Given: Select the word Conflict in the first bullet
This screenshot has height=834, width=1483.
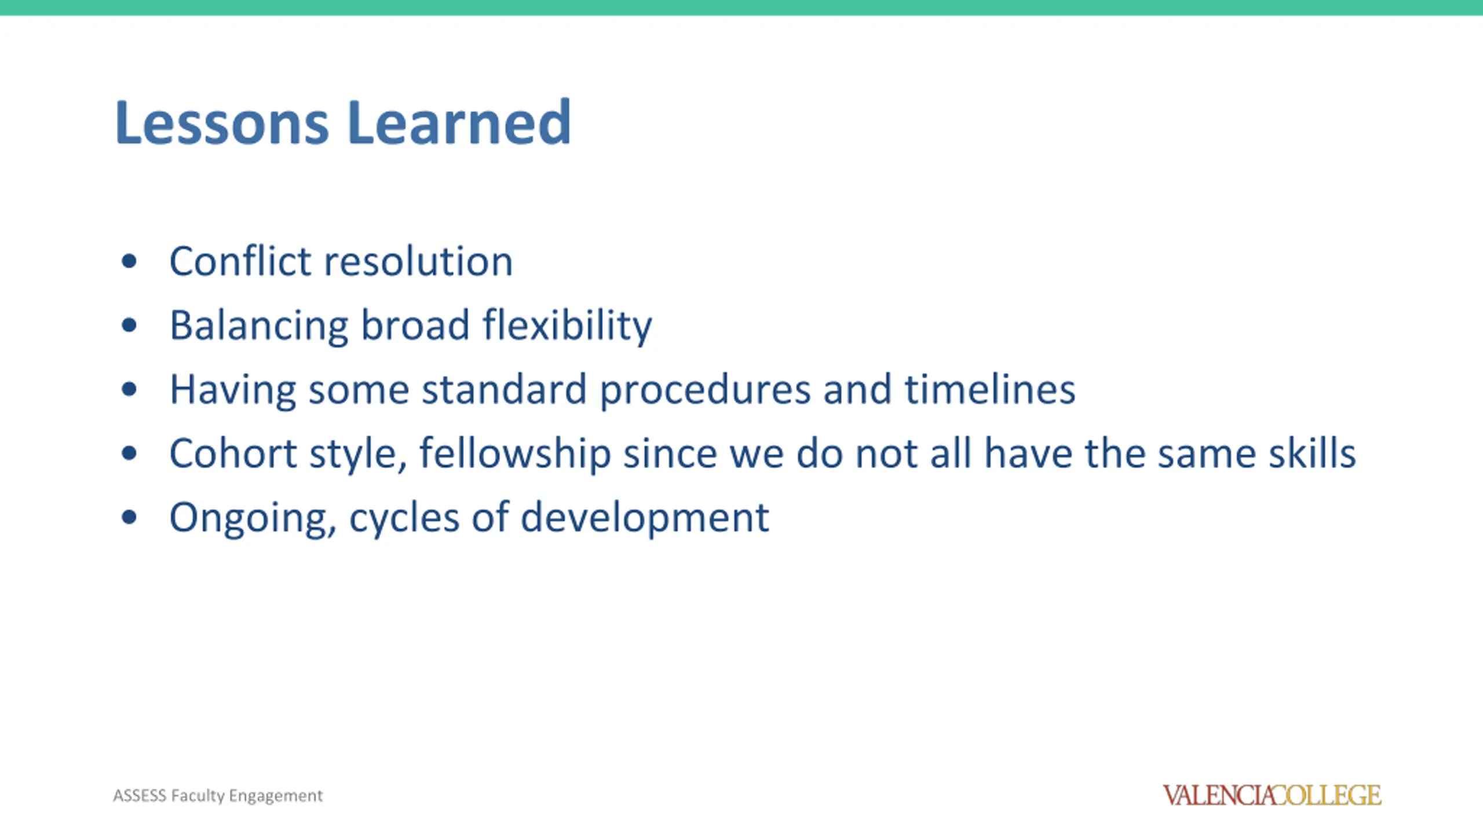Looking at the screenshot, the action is [x=240, y=261].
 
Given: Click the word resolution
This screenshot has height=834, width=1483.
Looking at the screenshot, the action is [x=418, y=261].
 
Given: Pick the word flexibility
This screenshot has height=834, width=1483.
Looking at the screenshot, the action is [x=567, y=325].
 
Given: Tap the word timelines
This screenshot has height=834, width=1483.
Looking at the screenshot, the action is [x=990, y=389].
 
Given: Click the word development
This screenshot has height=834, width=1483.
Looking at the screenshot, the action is [x=645, y=518].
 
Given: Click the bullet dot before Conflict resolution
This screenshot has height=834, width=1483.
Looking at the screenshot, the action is [x=129, y=261].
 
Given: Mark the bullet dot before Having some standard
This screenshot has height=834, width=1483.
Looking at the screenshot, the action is [x=129, y=389].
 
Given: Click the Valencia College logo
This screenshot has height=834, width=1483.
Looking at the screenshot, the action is [x=1272, y=795].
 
